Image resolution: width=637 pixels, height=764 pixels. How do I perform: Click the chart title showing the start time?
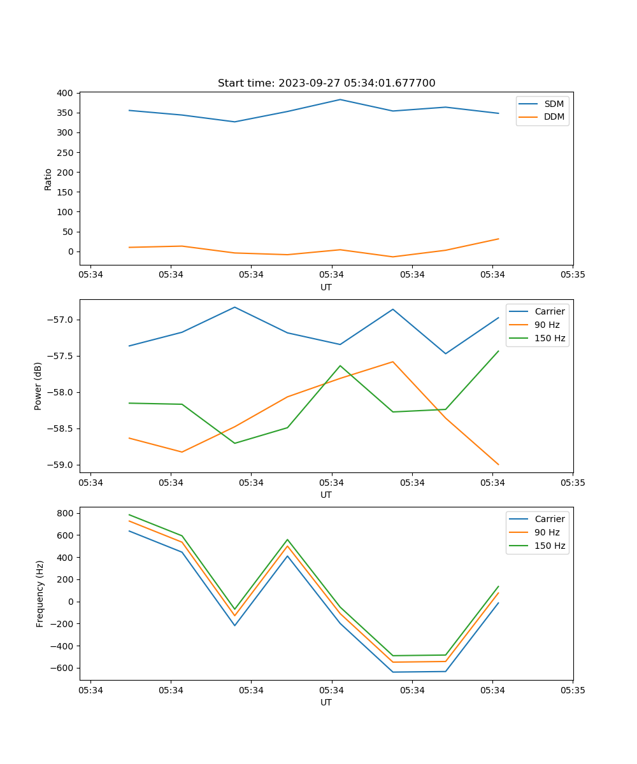(326, 83)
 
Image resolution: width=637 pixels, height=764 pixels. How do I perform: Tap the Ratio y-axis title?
(48, 178)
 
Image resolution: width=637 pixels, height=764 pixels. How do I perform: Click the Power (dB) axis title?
(38, 386)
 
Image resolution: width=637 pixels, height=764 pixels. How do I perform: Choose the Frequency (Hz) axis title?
(39, 593)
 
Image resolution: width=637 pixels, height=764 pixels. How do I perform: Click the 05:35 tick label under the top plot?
(573, 274)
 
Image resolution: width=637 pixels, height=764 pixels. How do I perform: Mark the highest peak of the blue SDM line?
(340, 99)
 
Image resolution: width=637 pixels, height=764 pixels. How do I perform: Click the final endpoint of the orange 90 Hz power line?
(499, 465)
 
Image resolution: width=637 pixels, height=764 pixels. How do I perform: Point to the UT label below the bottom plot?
(326, 702)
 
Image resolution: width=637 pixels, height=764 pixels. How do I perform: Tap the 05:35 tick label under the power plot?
(573, 482)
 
